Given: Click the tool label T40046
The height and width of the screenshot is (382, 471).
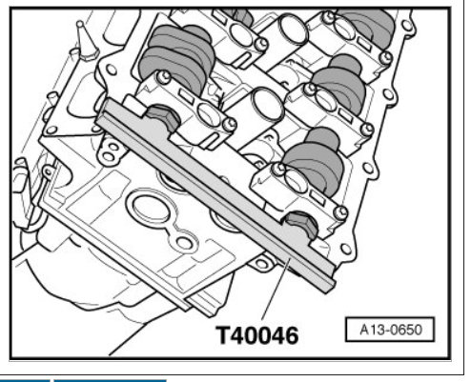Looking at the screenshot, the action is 257,335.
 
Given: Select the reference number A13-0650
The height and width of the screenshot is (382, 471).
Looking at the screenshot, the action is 391,330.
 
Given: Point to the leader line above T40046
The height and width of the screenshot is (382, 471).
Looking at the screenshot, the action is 276,289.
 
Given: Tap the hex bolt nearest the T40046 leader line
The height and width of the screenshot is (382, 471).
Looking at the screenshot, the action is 301,224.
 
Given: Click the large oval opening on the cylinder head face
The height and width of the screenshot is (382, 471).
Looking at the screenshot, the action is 151,209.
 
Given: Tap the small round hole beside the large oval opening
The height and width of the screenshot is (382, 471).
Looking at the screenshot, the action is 183,243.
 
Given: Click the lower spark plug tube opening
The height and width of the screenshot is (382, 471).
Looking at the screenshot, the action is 267,104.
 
